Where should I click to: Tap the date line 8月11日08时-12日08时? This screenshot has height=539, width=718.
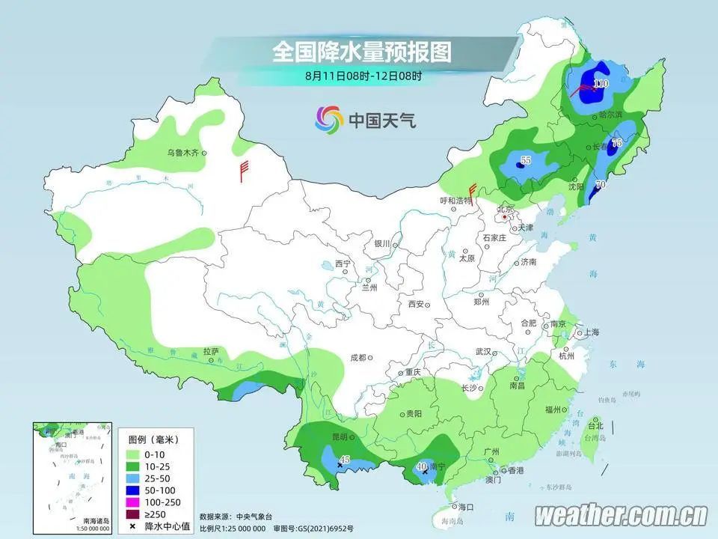(x=363, y=76)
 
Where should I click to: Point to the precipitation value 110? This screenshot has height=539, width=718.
(x=601, y=83)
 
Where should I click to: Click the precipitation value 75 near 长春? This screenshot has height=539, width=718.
(x=617, y=142)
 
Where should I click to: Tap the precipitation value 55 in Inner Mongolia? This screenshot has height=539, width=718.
(x=525, y=159)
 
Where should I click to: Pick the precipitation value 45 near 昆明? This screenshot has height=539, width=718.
(x=344, y=460)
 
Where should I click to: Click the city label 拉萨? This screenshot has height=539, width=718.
(x=210, y=350)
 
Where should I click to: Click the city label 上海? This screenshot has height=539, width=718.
(x=591, y=332)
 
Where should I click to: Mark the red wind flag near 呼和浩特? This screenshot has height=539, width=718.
(x=472, y=190)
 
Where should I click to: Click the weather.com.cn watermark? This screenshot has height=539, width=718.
(x=621, y=515)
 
